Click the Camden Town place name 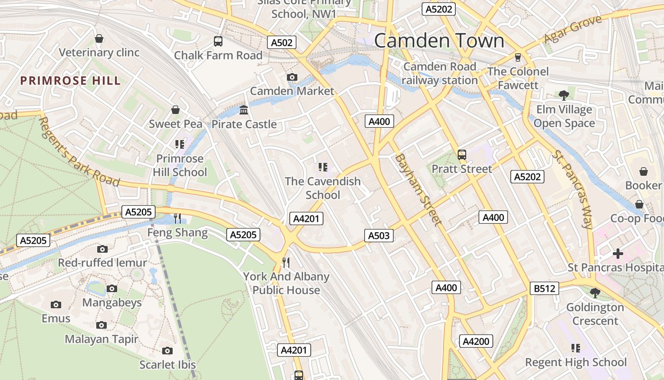click(x=439, y=41)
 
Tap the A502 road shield click(x=281, y=42)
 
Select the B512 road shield click(x=544, y=288)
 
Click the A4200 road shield click(x=476, y=341)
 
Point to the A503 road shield click(x=378, y=235)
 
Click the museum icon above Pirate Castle click(x=244, y=110)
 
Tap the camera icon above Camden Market click(x=292, y=77)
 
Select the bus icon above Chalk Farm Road click(x=218, y=41)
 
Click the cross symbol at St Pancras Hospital click(x=618, y=254)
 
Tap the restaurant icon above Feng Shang click(x=177, y=218)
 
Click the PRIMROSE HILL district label click(x=71, y=81)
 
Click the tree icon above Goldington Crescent click(x=595, y=293)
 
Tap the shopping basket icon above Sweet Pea click(x=175, y=110)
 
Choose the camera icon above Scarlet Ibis click(x=167, y=351)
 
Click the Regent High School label click(x=575, y=362)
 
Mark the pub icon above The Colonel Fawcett click(x=517, y=57)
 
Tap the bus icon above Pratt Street click(x=461, y=155)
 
